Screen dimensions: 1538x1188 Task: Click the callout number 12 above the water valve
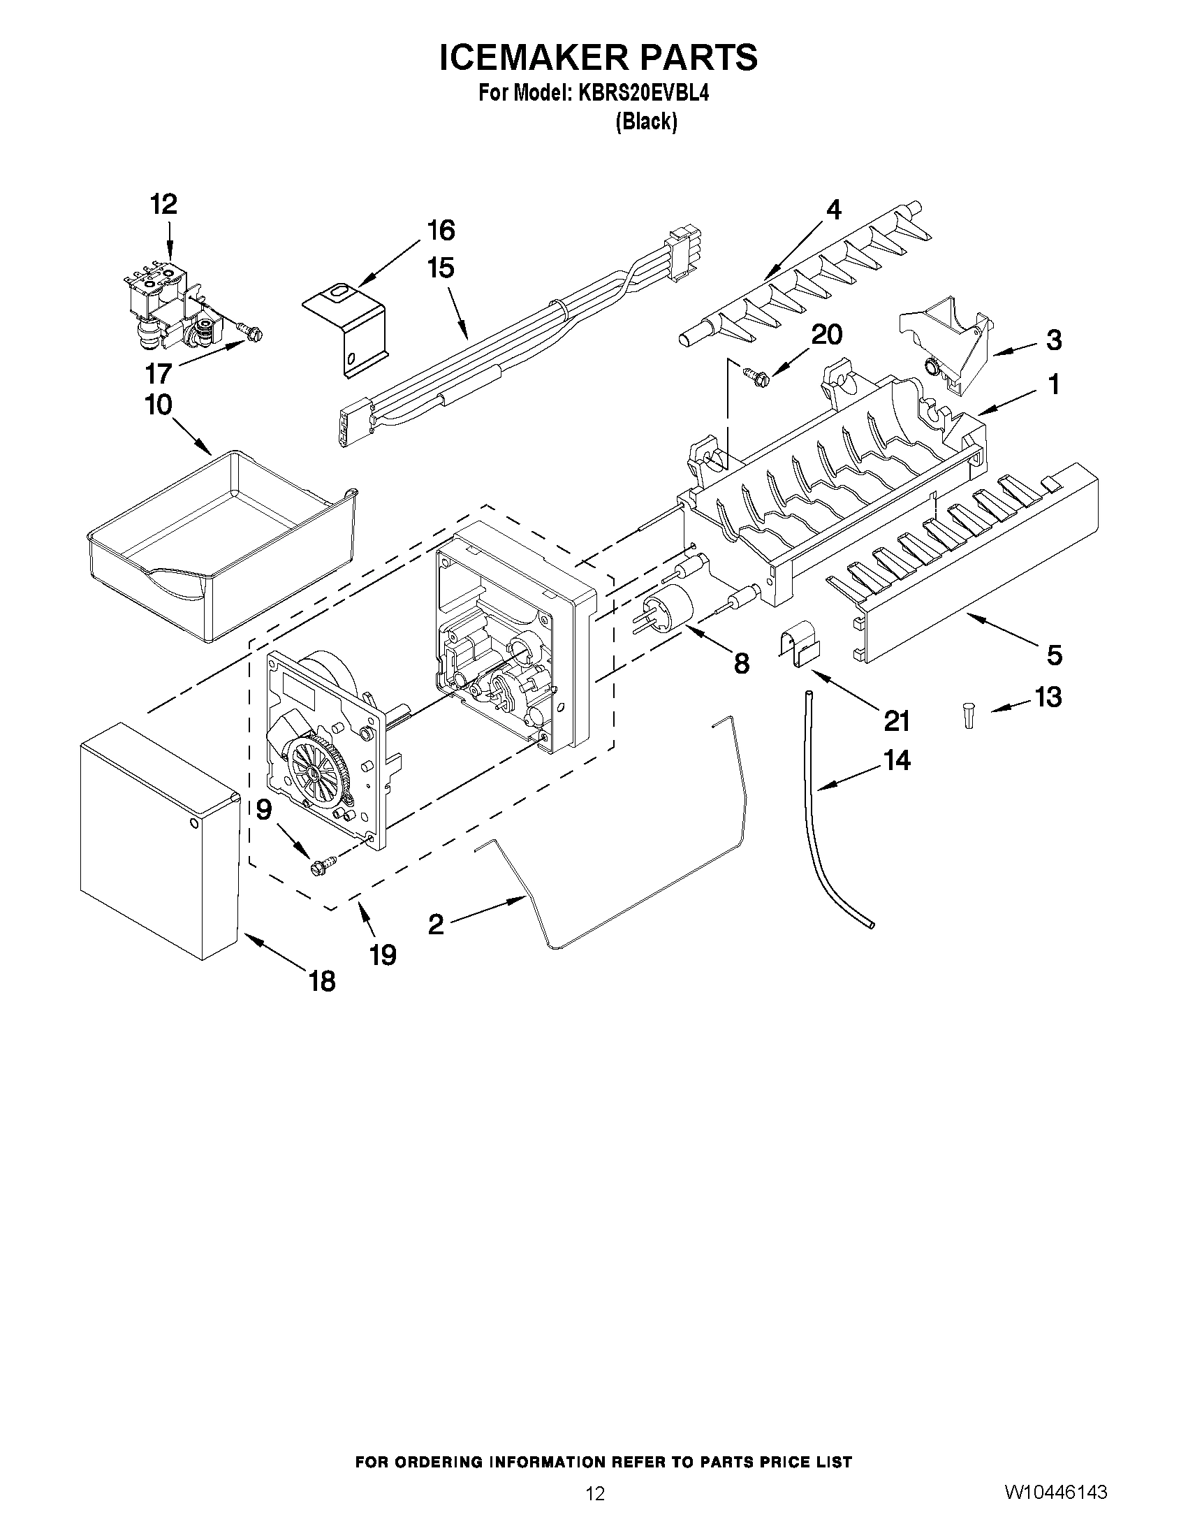(163, 205)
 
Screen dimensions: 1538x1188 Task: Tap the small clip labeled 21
(800, 641)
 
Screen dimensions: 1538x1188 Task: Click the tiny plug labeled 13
(969, 716)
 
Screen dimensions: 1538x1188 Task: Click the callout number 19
(383, 955)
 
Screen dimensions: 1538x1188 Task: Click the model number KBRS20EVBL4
(643, 93)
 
